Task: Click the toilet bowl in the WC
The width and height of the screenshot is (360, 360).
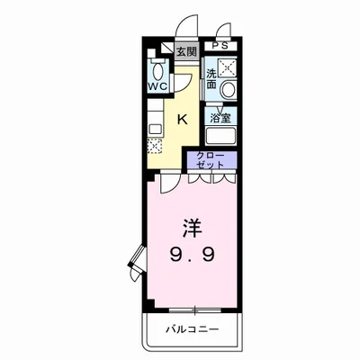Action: click(158, 70)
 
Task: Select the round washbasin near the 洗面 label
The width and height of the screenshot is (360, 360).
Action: click(228, 89)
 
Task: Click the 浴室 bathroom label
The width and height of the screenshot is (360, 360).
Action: click(220, 116)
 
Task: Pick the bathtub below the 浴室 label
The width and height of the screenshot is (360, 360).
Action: click(220, 137)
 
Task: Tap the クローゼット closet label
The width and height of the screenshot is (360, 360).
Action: click(211, 161)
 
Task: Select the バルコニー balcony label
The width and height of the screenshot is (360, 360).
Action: click(192, 330)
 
